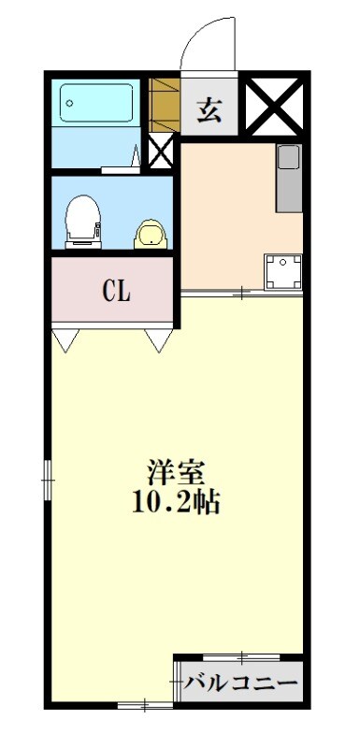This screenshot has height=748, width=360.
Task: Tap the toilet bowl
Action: tap(82, 218)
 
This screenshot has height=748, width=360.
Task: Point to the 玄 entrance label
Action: tap(209, 108)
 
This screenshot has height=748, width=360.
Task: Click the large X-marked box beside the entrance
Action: tap(276, 108)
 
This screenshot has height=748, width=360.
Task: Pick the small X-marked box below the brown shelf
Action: tap(161, 151)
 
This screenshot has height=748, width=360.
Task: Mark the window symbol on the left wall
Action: tap(49, 479)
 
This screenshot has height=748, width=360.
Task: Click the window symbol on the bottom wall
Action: tap(145, 707)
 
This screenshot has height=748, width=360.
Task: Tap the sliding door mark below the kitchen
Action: tap(241, 295)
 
